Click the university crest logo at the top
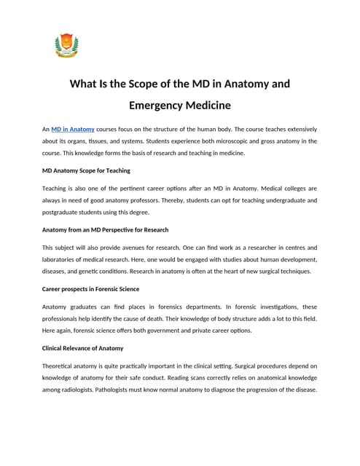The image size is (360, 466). tap(66, 46)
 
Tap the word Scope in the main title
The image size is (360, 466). tap(149, 83)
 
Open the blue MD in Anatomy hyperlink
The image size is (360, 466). tap(73, 130)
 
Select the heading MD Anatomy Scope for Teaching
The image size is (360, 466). tap(86, 170)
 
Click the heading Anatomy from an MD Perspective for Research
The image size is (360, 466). tap(105, 229)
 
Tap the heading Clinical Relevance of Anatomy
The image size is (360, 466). tap(82, 348)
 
